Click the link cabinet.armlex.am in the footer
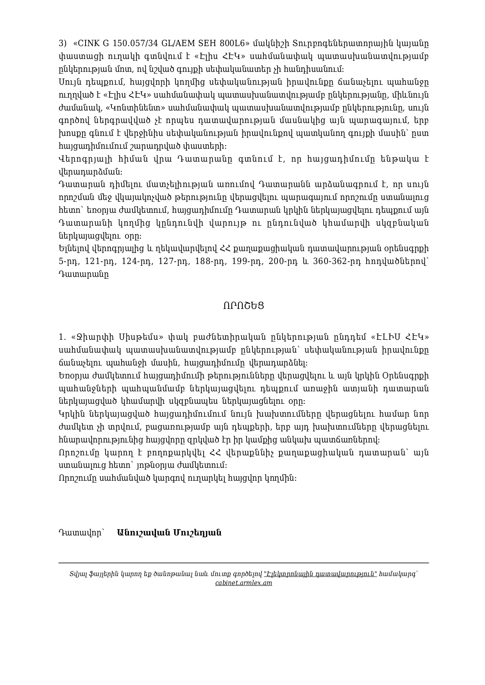[243, 583]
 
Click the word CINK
[85, 43]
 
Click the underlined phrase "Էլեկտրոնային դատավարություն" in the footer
[320, 574]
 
